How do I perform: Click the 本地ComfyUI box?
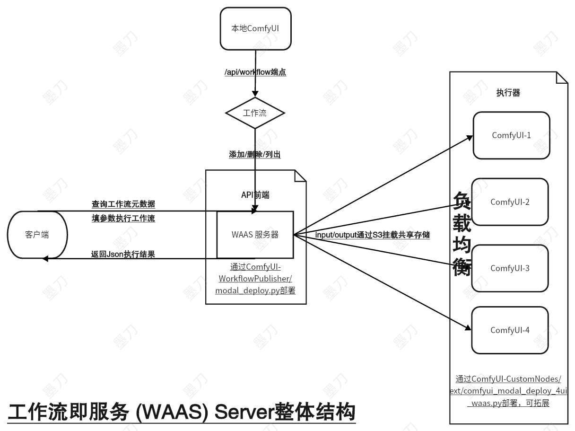(x=255, y=28)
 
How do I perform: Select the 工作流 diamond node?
(x=255, y=113)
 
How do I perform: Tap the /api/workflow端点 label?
(x=255, y=72)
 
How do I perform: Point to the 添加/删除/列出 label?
(x=255, y=154)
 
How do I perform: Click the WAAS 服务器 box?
(x=255, y=235)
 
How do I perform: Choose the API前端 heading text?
(x=255, y=195)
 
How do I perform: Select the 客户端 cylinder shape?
(x=37, y=235)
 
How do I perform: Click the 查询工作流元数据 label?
(x=123, y=204)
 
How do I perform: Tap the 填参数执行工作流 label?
(x=123, y=219)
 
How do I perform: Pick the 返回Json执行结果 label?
(x=123, y=254)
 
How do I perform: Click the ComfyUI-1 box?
(x=511, y=135)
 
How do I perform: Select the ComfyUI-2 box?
(x=510, y=202)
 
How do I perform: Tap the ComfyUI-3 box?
(x=510, y=268)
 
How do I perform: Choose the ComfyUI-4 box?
(x=510, y=330)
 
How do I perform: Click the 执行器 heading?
(x=508, y=93)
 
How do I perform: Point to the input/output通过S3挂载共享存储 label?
(x=372, y=235)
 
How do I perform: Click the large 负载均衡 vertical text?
(x=462, y=235)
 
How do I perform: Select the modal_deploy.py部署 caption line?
(x=255, y=290)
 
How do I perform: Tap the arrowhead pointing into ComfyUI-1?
(x=470, y=137)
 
